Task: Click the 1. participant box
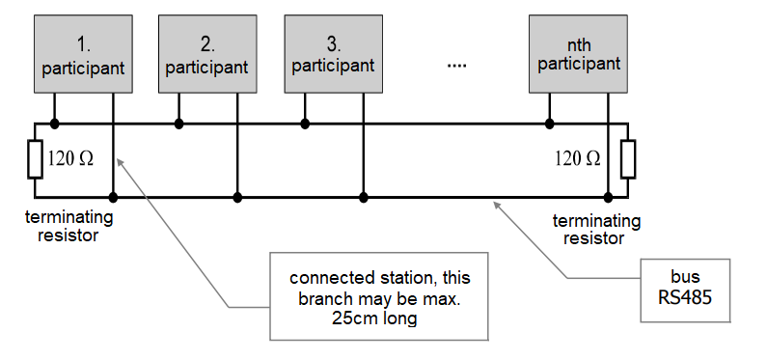(83, 54)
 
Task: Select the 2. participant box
(207, 54)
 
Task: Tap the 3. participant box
(334, 54)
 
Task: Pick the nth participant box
(578, 54)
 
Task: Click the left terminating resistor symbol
(36, 159)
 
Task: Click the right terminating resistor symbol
(628, 159)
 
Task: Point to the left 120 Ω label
(71, 158)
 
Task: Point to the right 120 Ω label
(578, 158)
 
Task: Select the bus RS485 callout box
(685, 291)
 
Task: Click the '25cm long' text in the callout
(374, 318)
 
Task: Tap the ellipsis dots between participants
(457, 65)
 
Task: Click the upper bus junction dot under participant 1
(54, 124)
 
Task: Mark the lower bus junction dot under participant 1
(113, 198)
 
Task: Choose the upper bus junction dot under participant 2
(179, 124)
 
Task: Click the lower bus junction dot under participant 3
(363, 198)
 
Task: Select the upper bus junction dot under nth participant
(549, 124)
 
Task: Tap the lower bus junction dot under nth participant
(608, 198)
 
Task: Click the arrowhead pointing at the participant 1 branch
(120, 163)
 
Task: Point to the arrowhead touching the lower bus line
(498, 206)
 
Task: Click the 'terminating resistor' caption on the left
(68, 226)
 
